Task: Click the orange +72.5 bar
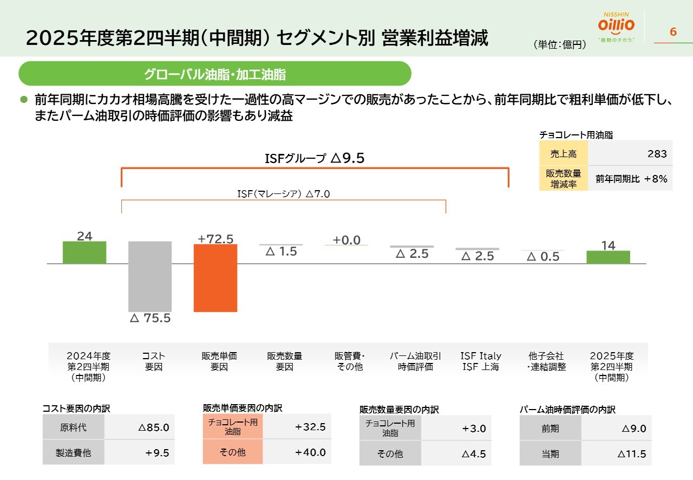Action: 215,278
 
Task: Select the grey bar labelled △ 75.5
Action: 150,276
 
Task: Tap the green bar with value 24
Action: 84,252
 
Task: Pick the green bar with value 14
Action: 608,257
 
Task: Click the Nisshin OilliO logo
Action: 616,26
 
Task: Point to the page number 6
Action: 673,32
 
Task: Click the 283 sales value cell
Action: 630,154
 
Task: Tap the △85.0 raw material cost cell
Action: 138,428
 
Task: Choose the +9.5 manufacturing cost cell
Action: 138,453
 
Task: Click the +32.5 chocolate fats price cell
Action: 297,427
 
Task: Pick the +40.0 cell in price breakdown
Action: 297,452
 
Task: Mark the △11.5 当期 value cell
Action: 616,454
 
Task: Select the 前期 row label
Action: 550,429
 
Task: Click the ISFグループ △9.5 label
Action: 315,158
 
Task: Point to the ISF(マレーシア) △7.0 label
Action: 283,194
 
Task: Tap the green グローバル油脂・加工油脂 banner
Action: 215,74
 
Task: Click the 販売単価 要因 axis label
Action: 219,361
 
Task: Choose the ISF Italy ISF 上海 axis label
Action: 481,361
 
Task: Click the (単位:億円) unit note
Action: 560,45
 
